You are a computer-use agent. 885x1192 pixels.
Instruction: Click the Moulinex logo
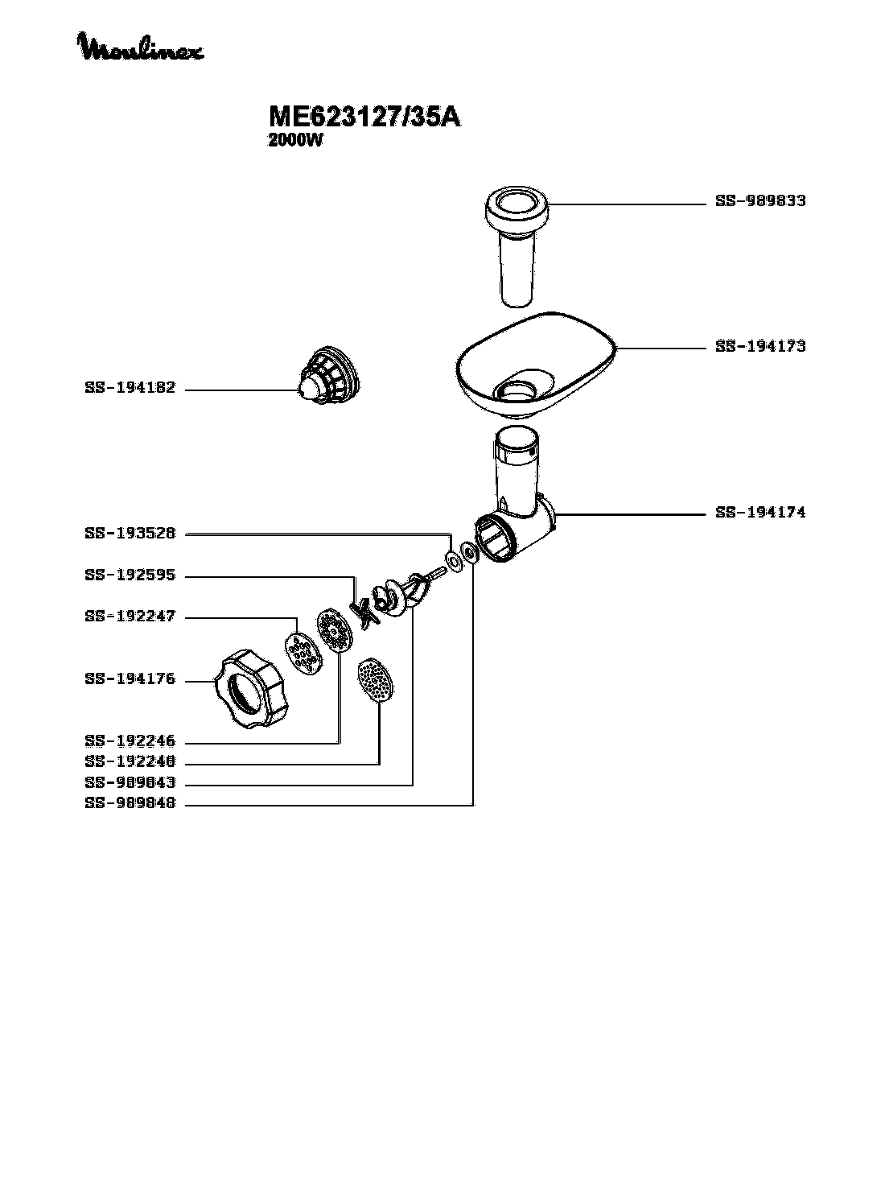click(x=140, y=47)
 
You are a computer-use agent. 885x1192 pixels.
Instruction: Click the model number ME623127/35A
click(x=364, y=117)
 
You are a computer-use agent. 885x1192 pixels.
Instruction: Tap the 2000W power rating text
click(x=295, y=140)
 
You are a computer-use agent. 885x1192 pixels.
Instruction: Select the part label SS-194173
click(x=760, y=346)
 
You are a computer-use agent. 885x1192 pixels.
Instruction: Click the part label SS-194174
click(x=760, y=512)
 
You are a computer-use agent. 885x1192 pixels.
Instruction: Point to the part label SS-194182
click(x=130, y=387)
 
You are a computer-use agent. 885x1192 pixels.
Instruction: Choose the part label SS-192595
click(x=130, y=575)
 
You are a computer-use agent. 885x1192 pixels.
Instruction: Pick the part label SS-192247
click(x=130, y=616)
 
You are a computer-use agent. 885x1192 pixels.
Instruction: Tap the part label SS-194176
click(x=130, y=678)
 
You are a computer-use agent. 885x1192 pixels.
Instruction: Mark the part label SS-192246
click(x=130, y=741)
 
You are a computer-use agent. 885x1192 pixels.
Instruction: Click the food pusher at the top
click(x=517, y=246)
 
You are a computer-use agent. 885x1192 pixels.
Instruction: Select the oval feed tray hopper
click(x=536, y=365)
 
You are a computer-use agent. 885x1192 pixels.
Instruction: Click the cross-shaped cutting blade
click(x=364, y=614)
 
